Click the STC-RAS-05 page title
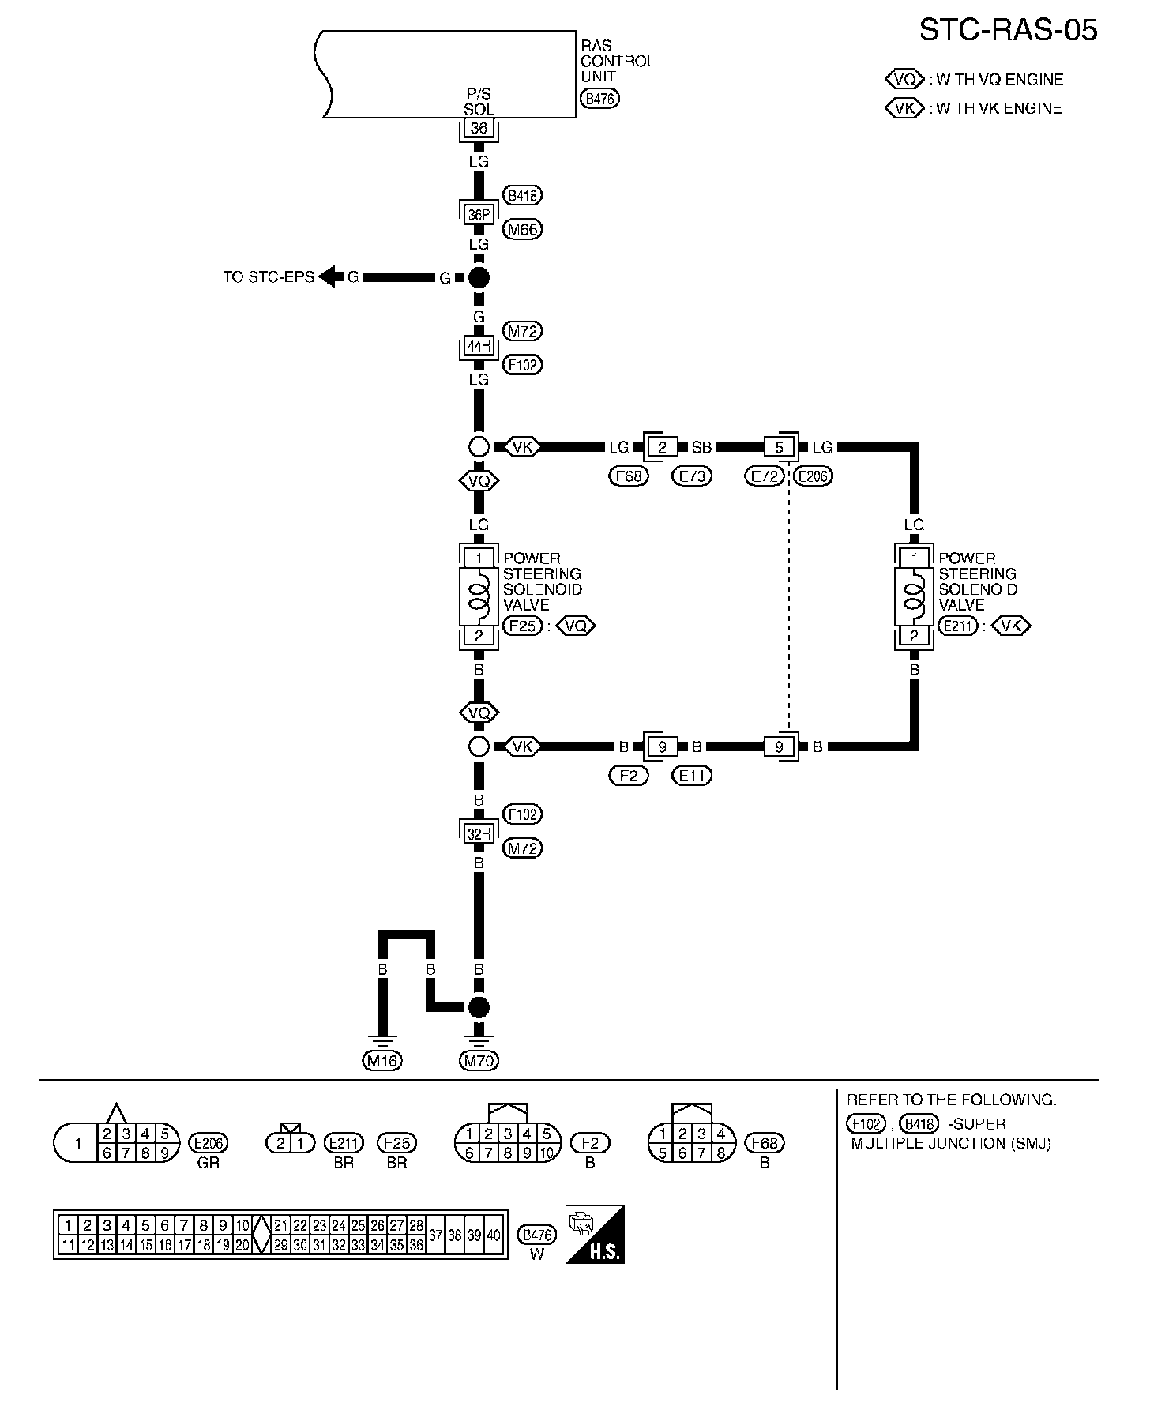1008,30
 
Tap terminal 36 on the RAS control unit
479,129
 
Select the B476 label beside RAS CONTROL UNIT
600,99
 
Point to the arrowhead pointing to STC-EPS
330,277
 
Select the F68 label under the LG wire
628,476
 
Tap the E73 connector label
691,476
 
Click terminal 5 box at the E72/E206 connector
780,447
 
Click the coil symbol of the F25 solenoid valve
479,596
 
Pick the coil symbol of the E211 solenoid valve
914,596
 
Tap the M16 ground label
382,1061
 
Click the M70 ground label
479,1061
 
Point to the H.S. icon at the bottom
596,1235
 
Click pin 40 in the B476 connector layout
494,1235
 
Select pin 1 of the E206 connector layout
77,1143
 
